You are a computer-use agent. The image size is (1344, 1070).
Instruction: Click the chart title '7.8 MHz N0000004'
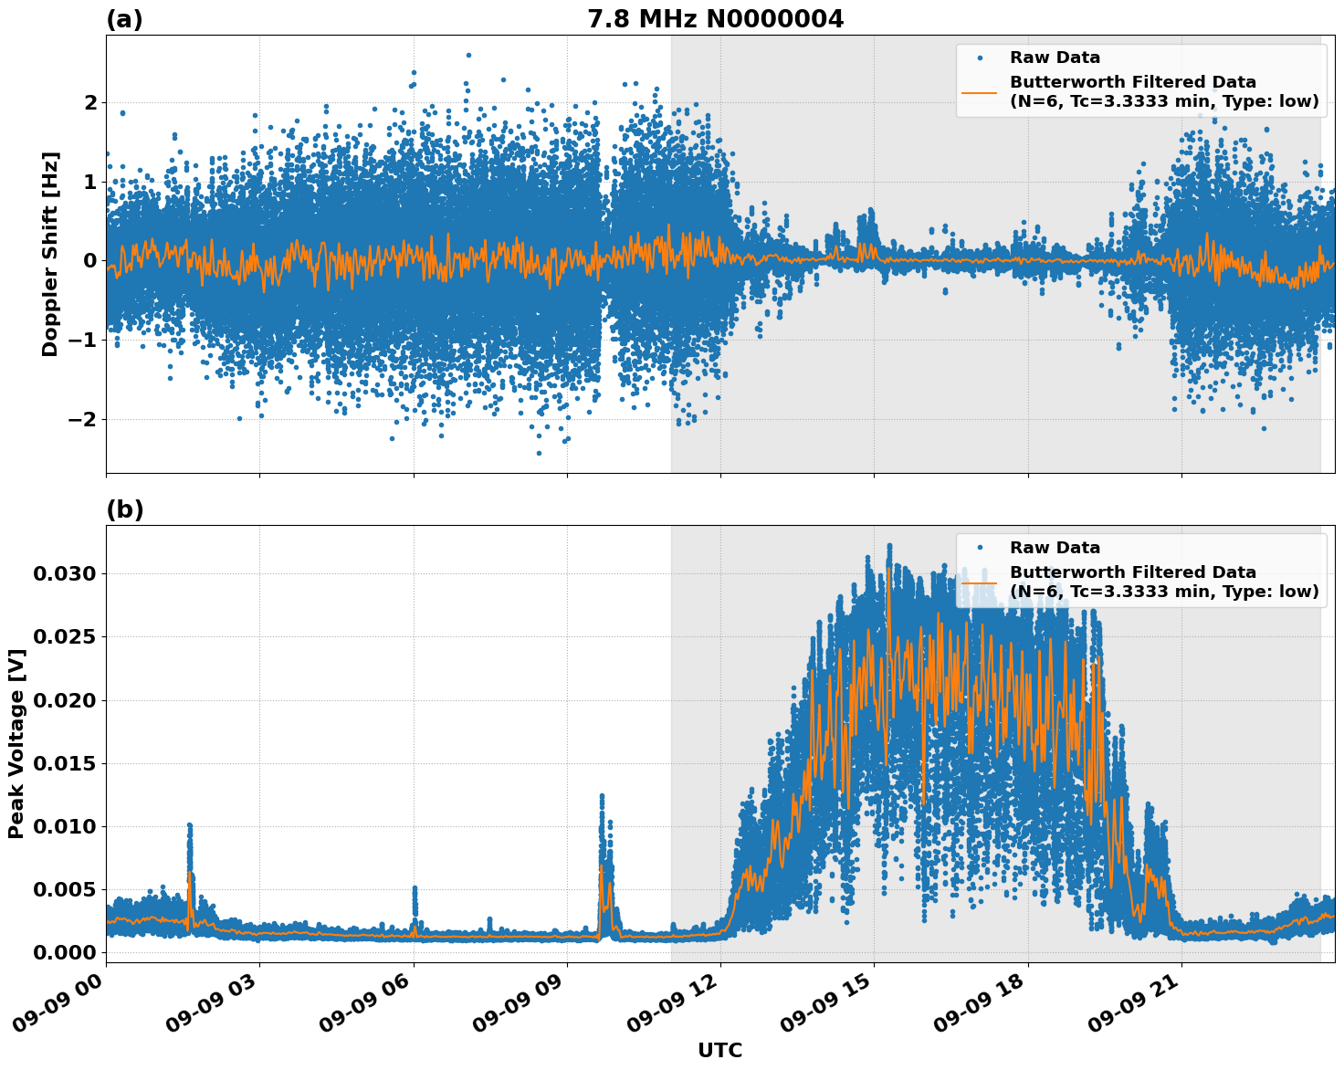pyautogui.click(x=715, y=19)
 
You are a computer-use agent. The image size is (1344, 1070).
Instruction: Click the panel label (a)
pyautogui.click(x=124, y=19)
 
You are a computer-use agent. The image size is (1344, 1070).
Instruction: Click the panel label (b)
pyautogui.click(x=124, y=509)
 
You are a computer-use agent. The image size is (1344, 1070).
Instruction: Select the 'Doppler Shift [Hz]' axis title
pyautogui.click(x=50, y=254)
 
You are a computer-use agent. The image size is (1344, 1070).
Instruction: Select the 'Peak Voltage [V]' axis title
pyautogui.click(x=16, y=743)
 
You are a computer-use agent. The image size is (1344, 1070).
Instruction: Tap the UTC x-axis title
pyautogui.click(x=719, y=1050)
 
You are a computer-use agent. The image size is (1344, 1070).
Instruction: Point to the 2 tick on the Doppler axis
pyautogui.click(x=90, y=102)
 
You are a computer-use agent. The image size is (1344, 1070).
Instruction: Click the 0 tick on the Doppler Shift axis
pyautogui.click(x=90, y=261)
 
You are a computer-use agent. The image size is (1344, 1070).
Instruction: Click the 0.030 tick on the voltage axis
pyautogui.click(x=64, y=574)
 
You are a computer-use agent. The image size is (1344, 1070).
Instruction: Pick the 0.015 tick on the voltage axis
pyautogui.click(x=64, y=763)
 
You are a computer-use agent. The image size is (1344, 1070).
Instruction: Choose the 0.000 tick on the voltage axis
pyautogui.click(x=64, y=952)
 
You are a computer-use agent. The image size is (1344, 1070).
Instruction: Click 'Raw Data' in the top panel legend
pyautogui.click(x=1055, y=58)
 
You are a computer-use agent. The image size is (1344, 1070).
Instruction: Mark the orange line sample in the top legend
pyautogui.click(x=979, y=91)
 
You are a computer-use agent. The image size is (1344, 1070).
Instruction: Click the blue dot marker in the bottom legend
pyautogui.click(x=979, y=548)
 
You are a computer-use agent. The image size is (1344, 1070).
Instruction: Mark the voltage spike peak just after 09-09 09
pyautogui.click(x=602, y=796)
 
